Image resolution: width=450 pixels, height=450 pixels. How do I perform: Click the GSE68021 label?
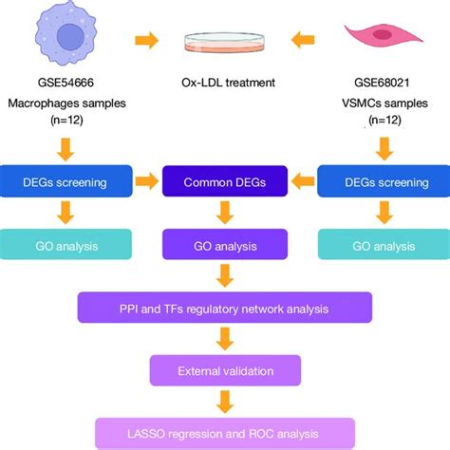coord(383,83)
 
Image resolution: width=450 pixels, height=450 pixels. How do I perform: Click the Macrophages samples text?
coord(67,103)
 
